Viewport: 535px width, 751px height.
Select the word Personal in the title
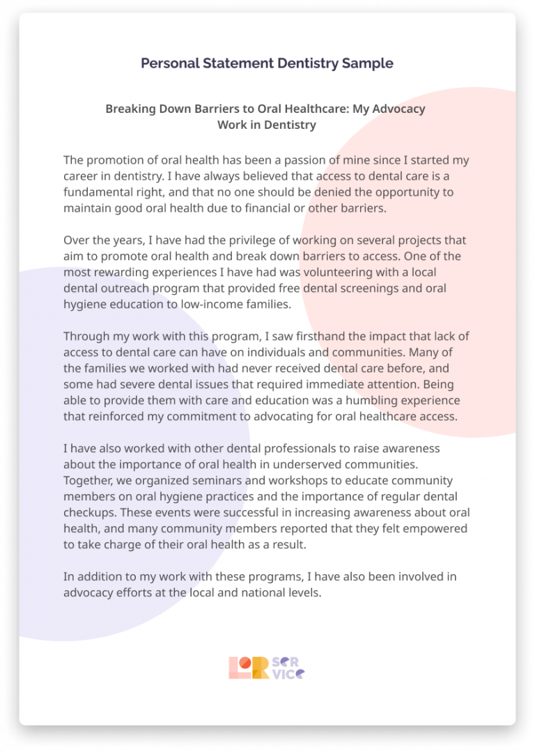[166, 63]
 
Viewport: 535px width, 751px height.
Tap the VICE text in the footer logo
[288, 673]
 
